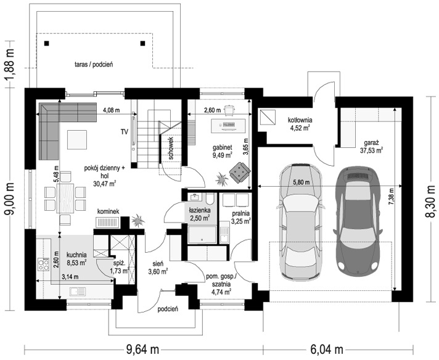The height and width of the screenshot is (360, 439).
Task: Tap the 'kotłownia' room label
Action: coord(300,120)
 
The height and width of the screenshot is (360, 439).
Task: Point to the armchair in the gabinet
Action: coord(240,173)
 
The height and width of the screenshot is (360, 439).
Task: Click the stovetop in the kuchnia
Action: coord(43,264)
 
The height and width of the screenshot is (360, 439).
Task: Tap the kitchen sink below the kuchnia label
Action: coord(78,292)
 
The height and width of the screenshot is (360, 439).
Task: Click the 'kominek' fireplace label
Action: coord(108,211)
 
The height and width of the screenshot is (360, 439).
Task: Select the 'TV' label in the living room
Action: coord(125,131)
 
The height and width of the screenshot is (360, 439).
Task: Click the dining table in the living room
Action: coord(65,198)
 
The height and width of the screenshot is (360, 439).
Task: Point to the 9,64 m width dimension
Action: coord(143,350)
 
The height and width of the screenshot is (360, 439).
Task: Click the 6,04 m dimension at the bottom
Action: coord(327,350)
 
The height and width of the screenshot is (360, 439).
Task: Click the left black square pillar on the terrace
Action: coord(46,43)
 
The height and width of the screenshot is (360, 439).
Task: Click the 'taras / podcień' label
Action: coord(94,64)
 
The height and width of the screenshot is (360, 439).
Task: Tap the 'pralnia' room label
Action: coord(240,213)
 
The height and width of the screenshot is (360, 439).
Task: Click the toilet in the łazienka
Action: coord(210,198)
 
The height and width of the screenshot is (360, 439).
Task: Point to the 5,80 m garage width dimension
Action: coord(302,182)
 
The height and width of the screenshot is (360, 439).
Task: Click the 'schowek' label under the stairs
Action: coord(171,148)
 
